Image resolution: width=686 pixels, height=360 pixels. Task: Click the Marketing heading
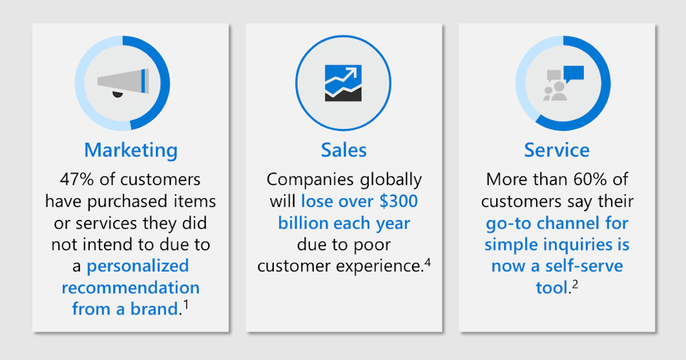(131, 150)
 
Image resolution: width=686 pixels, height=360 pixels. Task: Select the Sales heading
(344, 150)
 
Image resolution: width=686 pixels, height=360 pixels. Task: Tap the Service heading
(557, 150)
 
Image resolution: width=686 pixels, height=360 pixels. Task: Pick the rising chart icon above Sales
(344, 83)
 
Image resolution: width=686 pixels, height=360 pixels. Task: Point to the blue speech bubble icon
(573, 74)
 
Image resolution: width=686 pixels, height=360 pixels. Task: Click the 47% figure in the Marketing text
(77, 179)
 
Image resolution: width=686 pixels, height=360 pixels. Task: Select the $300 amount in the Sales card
(399, 201)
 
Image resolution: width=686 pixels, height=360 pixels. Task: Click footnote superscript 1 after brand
(186, 305)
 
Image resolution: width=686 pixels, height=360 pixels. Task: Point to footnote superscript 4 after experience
(428, 263)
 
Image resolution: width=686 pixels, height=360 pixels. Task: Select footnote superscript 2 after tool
(575, 285)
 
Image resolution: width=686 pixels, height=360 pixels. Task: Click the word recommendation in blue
(131, 288)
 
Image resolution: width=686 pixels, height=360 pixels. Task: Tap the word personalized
(138, 266)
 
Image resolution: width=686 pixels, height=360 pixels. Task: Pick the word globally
(391, 180)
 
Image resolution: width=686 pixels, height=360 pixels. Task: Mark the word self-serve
(584, 266)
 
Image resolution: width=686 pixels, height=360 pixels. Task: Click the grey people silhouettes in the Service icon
(555, 91)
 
